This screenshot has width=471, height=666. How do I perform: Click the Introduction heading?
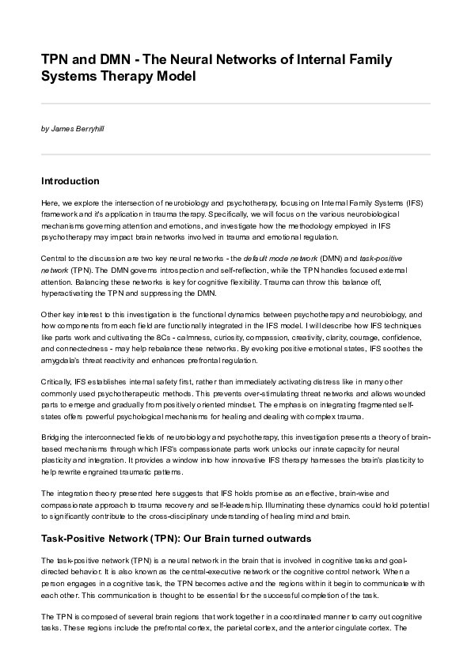[x=70, y=181]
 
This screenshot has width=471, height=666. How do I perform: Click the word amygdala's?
[x=62, y=359]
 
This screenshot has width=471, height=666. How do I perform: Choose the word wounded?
[x=411, y=393]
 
